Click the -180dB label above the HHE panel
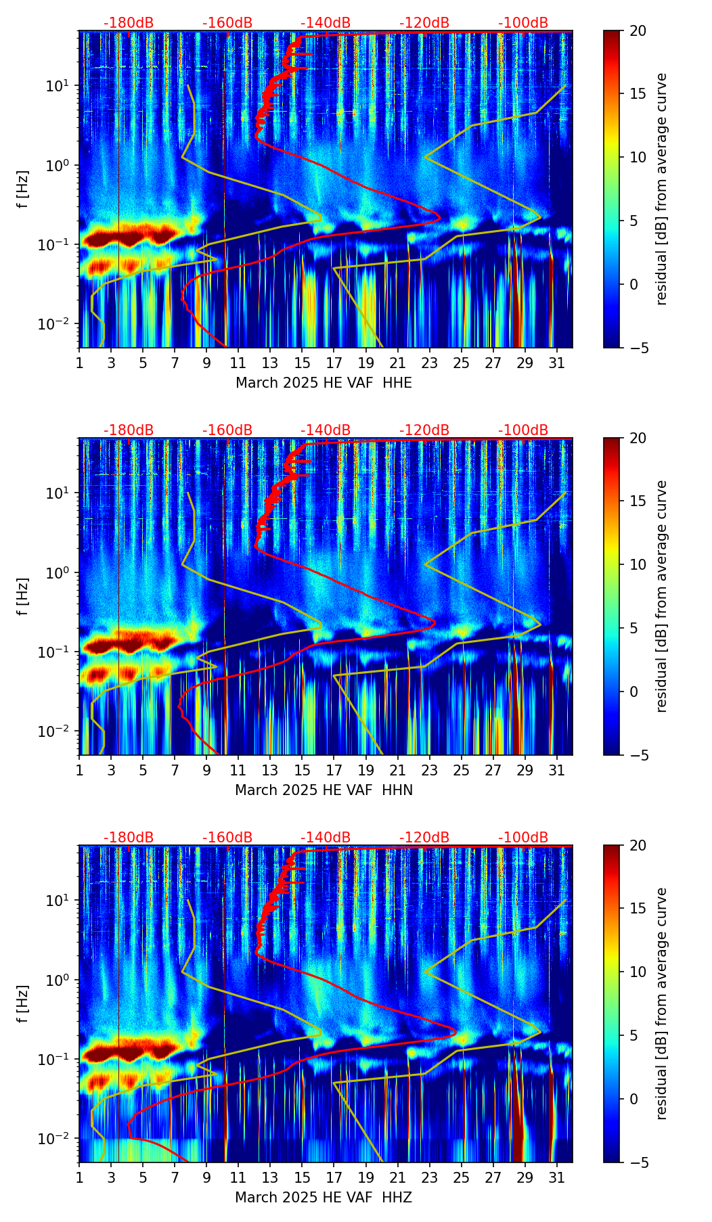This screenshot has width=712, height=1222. click(x=129, y=23)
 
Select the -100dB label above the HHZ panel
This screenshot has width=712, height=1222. click(x=523, y=838)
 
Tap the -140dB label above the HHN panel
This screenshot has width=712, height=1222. click(x=326, y=430)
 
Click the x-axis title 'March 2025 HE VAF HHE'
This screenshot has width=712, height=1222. click(x=324, y=383)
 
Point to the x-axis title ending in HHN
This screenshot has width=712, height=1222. click(x=324, y=790)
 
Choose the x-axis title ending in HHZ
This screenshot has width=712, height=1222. click(x=324, y=1198)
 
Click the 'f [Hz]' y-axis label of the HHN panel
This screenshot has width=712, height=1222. click(x=23, y=596)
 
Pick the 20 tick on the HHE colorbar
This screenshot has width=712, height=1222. click(x=637, y=31)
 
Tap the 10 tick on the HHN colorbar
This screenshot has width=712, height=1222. click(x=637, y=564)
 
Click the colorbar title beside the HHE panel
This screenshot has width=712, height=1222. click(x=661, y=189)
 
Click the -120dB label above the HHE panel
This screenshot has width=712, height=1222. click(x=424, y=23)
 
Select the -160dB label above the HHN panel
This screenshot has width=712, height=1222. click(x=227, y=430)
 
